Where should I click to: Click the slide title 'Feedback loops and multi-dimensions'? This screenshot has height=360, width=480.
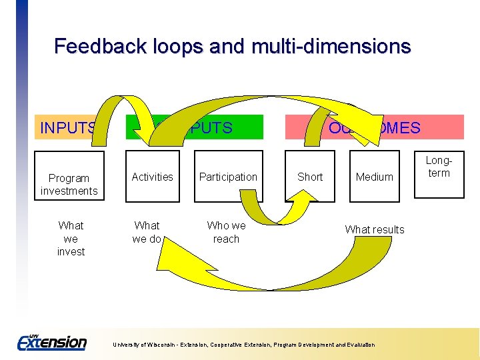coord(232,47)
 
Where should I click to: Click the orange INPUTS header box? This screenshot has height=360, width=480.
coord(67,127)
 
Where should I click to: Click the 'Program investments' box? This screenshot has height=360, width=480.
coord(69,184)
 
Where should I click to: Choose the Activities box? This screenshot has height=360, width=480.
coord(152,177)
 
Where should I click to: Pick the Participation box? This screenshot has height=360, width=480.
coord(227,177)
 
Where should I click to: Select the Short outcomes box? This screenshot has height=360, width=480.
coord(310,177)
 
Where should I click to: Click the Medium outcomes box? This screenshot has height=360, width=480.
coord(374,177)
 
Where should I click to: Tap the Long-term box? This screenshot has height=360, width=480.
coord(439,167)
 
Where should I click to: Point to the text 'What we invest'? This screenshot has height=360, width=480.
coord(71,239)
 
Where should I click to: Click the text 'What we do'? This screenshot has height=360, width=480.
coord(147,232)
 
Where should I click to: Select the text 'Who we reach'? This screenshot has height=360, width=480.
coord(226,232)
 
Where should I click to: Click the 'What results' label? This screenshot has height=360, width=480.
coord(374,229)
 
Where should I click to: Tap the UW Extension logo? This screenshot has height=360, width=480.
coord(51,342)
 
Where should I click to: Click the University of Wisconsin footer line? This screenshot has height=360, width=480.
coord(243,345)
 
